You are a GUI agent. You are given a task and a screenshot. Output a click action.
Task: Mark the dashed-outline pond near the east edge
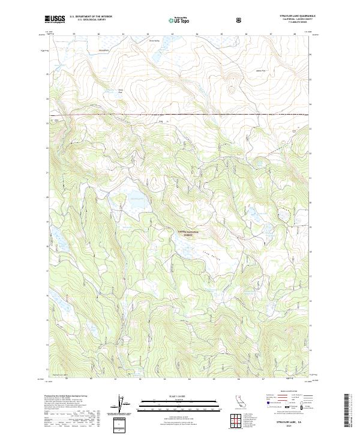click(x=283, y=213)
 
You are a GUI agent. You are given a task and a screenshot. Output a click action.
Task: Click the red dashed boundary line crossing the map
click(x=180, y=113)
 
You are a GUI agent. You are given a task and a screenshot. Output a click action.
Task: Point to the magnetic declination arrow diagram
click(x=123, y=405)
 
